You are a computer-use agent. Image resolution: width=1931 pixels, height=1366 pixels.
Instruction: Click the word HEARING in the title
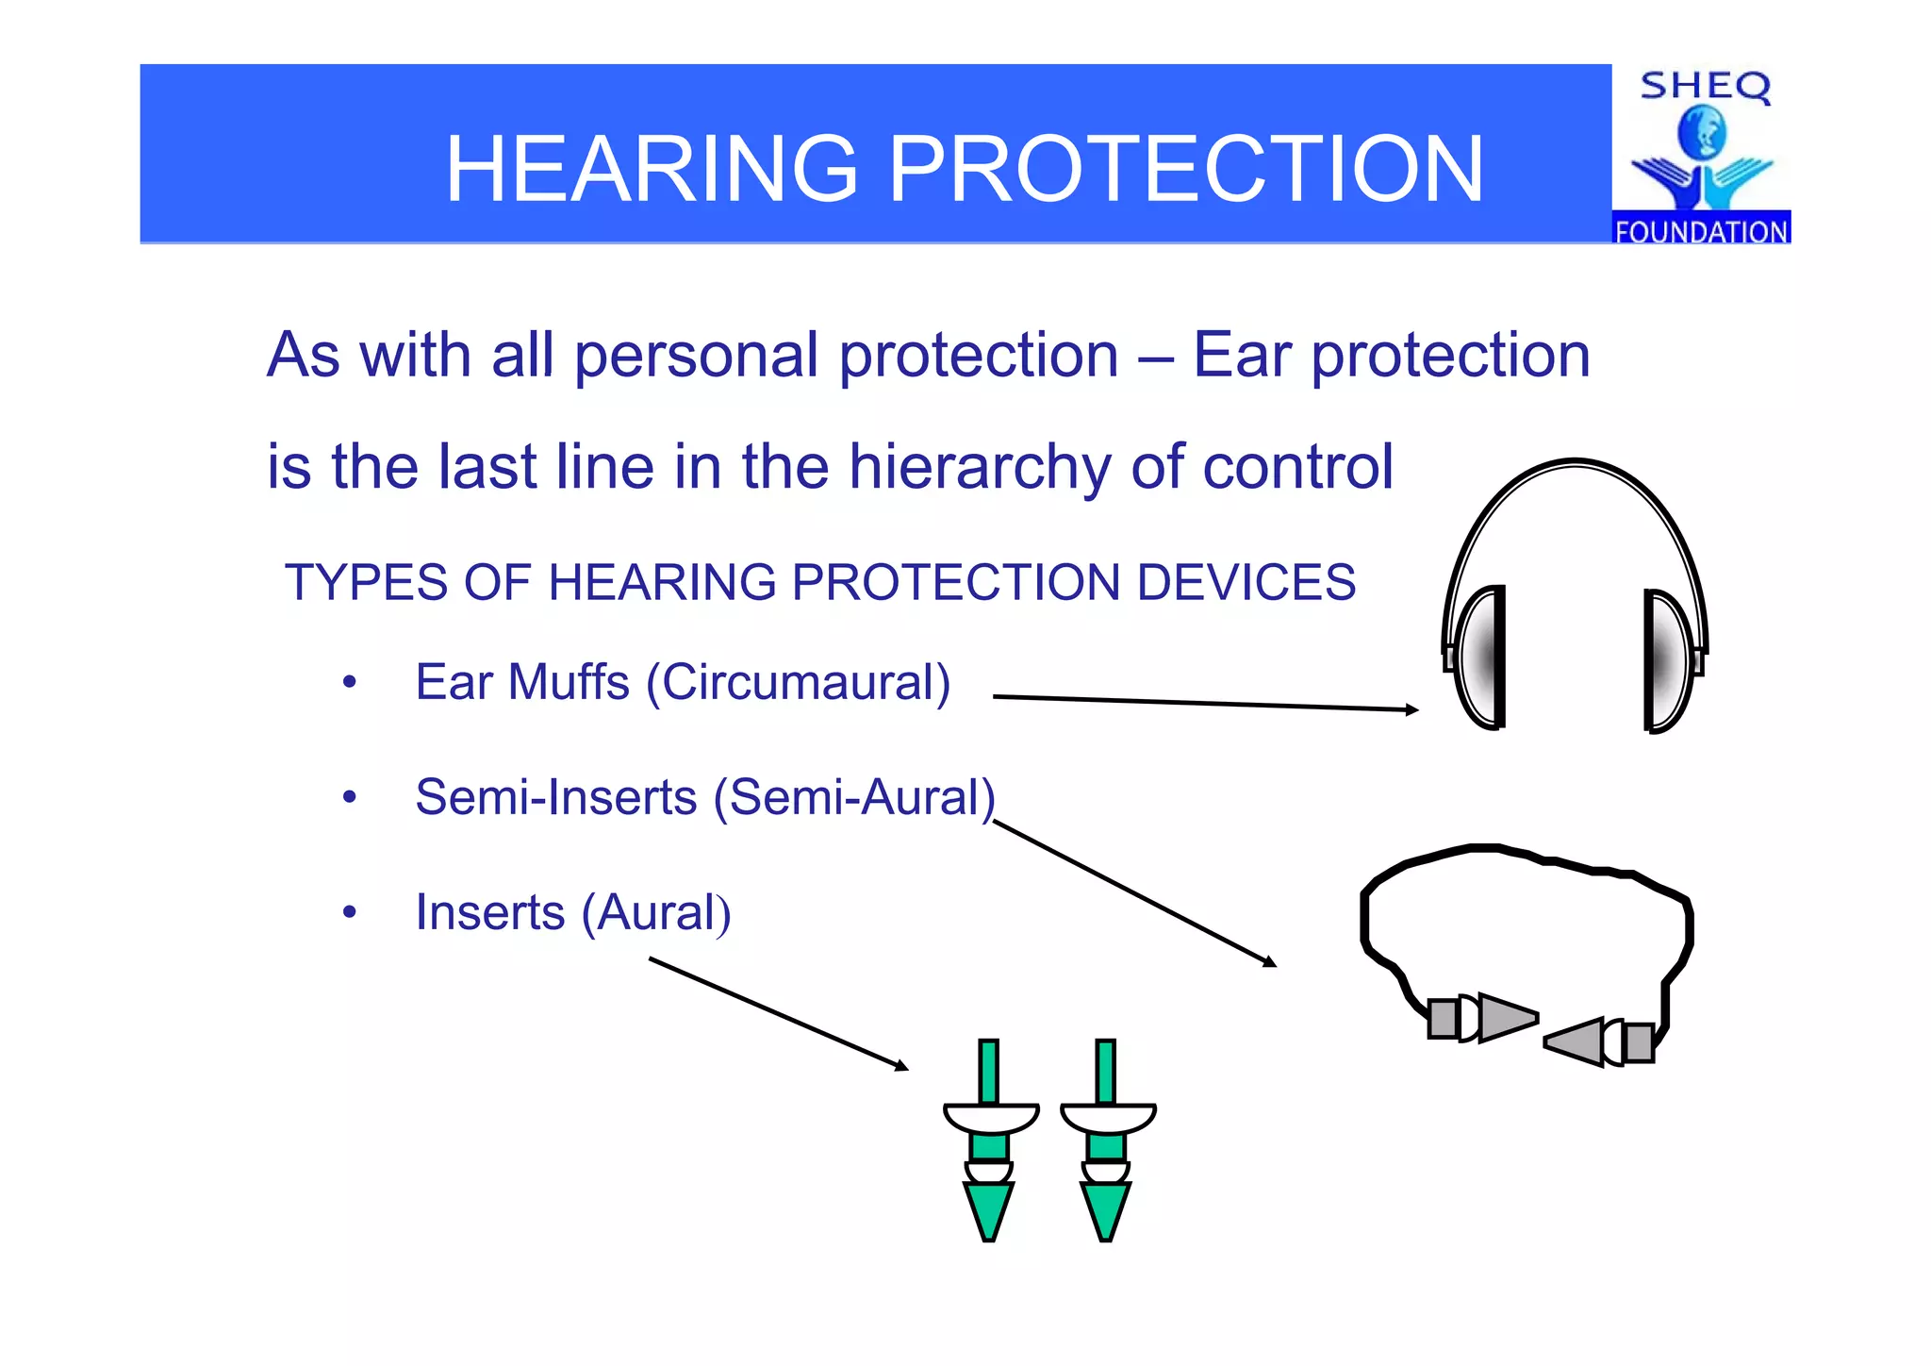(652, 169)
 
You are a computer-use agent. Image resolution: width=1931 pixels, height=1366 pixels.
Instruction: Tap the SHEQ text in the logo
(1705, 87)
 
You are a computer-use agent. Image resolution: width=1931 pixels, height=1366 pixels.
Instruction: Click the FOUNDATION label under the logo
(1701, 231)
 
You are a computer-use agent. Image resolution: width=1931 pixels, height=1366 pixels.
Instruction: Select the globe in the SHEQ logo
(1702, 132)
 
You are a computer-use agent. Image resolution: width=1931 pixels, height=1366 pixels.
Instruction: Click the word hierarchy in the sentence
(981, 467)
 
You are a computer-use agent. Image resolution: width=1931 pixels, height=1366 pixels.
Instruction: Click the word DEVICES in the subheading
(1246, 582)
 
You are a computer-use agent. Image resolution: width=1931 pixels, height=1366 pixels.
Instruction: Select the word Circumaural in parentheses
(805, 682)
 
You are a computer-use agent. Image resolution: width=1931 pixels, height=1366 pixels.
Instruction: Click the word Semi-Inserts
(556, 797)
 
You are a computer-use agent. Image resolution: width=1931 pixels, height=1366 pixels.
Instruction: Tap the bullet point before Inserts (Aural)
(350, 913)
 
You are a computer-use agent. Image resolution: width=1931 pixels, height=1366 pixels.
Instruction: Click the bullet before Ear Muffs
(350, 682)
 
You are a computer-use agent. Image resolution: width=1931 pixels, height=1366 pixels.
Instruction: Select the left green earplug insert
(989, 1141)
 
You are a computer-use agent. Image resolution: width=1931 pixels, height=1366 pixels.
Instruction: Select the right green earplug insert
(1106, 1141)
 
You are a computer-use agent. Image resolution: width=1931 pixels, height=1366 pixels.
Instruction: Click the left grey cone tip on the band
(1507, 1017)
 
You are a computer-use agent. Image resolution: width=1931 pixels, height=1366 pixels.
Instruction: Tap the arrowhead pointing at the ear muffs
(1412, 709)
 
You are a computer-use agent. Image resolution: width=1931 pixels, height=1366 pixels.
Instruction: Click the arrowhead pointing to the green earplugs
(902, 1066)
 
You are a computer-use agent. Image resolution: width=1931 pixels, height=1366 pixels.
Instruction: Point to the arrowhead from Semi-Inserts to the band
(1270, 962)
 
